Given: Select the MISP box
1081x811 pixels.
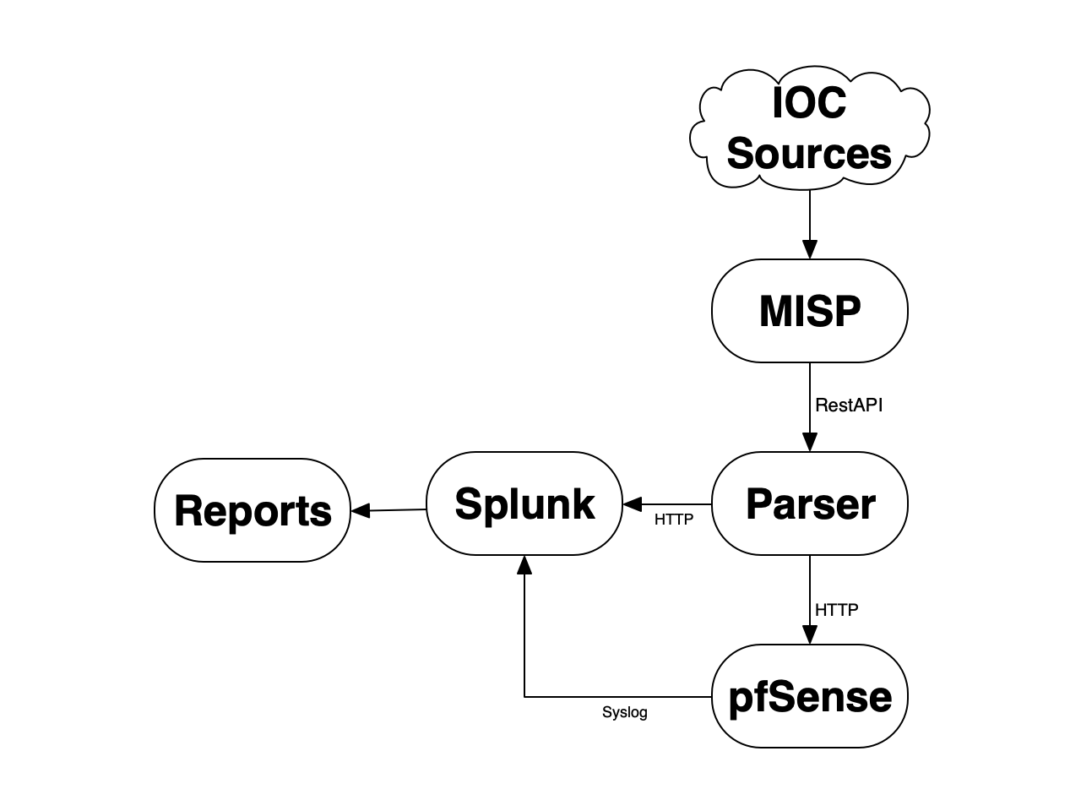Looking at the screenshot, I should click(809, 311).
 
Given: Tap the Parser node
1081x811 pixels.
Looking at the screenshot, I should click(809, 503).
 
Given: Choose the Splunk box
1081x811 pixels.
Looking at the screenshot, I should click(524, 503).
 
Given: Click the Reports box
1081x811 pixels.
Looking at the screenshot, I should click(253, 510).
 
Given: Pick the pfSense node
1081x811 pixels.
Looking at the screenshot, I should click(809, 696).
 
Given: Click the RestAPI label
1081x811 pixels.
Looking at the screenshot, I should click(848, 405).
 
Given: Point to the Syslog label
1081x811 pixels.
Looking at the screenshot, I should click(625, 712).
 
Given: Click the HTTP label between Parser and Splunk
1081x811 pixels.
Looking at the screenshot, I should click(673, 520).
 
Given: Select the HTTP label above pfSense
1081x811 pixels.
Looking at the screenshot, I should click(836, 609).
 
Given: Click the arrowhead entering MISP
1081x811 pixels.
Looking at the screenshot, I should click(809, 250).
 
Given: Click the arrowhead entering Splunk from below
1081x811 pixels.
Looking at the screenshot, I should click(524, 565).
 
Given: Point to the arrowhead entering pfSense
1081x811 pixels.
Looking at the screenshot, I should click(809, 635).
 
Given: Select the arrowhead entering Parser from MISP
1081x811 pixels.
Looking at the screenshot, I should click(809, 443).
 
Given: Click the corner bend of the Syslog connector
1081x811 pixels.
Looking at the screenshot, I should click(524, 697).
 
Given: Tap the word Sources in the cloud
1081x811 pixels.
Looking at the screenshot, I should click(808, 154).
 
